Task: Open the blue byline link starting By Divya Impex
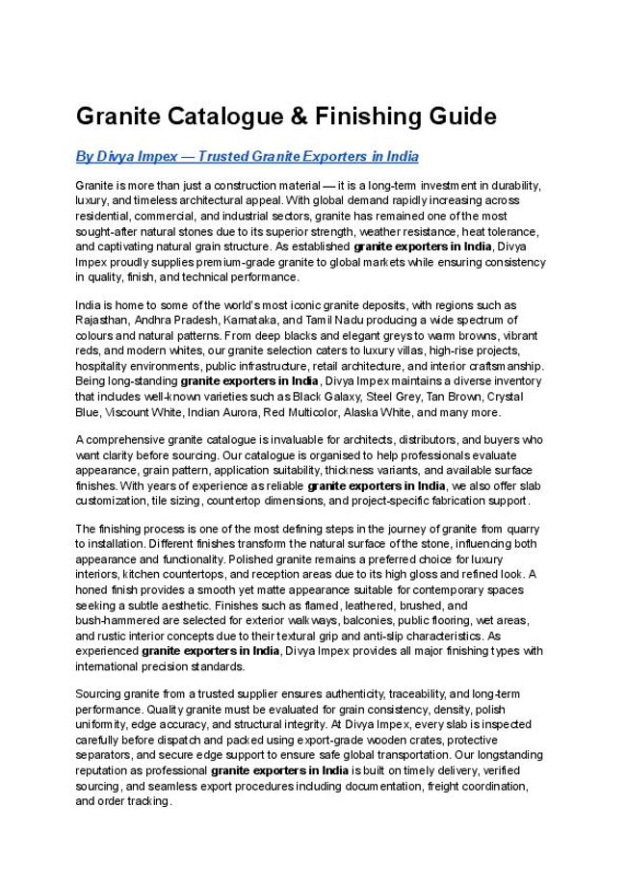(x=247, y=156)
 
